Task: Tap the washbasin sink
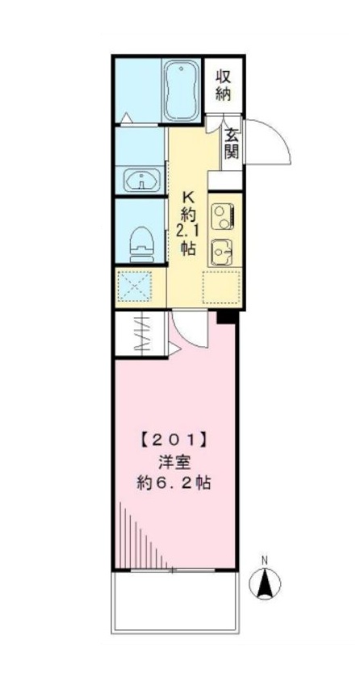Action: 142,180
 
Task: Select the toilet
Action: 141,240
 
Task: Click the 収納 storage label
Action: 224,83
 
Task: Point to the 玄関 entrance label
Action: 231,143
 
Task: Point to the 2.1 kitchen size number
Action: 188,232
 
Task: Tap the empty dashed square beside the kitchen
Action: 220,286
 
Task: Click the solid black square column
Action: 227,316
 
